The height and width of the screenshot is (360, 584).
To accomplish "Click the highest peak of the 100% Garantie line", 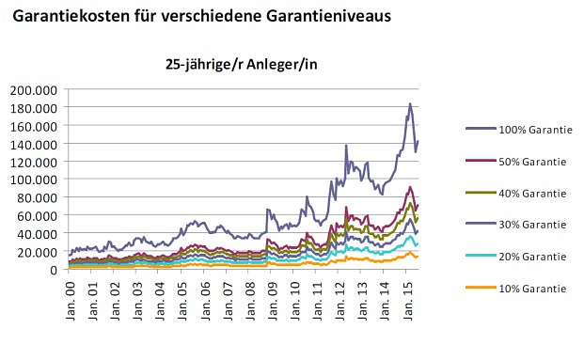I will pos(410,103).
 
